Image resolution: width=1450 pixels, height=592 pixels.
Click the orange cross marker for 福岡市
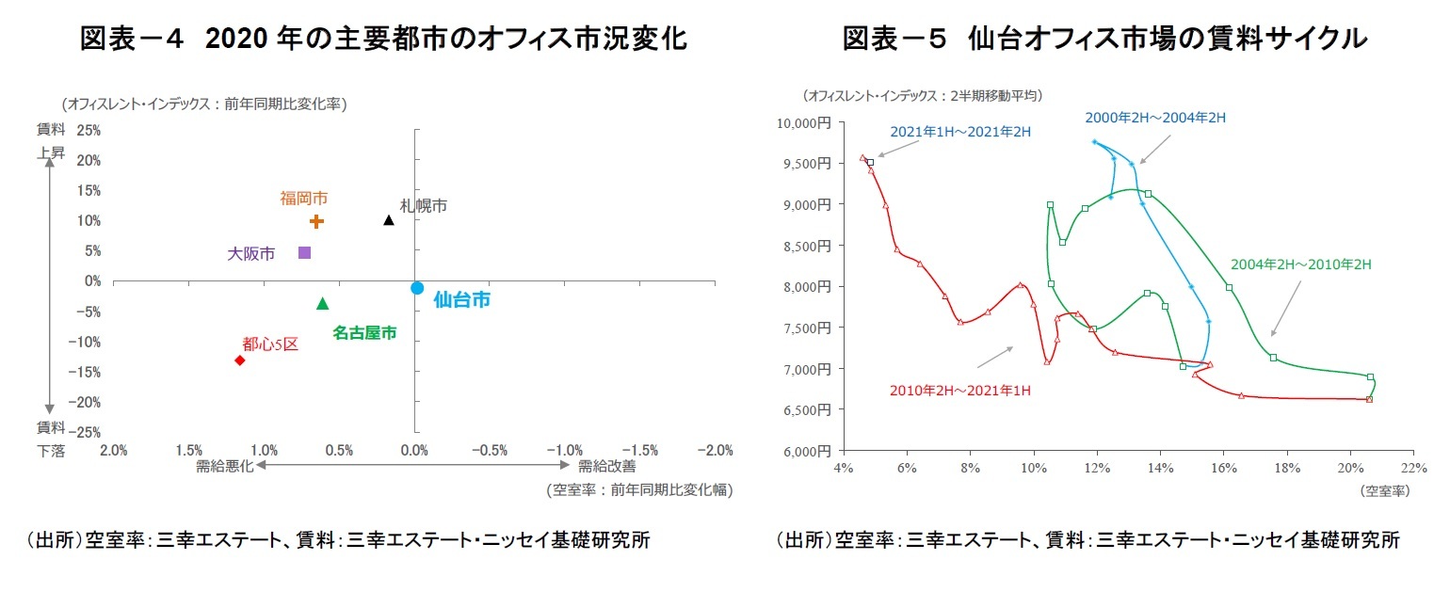pos(316,221)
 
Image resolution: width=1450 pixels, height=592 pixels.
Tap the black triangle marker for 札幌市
pos(389,220)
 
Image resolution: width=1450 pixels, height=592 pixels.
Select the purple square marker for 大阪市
pos(304,252)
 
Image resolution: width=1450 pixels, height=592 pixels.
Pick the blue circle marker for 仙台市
pos(417,288)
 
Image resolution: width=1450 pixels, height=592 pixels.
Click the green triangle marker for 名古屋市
pos(322,303)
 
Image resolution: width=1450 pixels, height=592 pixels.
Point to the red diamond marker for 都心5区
pos(239,360)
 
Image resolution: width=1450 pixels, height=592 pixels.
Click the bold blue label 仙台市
pos(461,300)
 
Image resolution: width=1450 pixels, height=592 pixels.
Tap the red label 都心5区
pos(270,344)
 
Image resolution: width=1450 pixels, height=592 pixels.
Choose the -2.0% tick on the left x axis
pos(715,450)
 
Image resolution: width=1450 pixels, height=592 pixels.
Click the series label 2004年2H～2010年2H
pos(1300,264)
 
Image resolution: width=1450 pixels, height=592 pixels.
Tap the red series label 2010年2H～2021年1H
pos(959,390)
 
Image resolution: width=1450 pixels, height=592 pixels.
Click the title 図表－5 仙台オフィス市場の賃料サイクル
pos(1104,39)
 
